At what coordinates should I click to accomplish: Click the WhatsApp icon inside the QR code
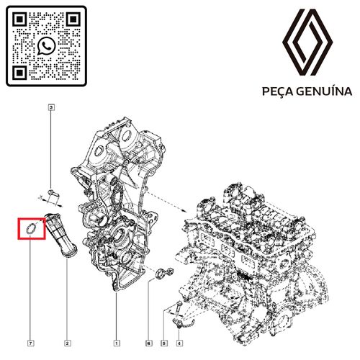[x=47, y=46]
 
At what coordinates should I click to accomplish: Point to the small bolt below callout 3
[x=53, y=191]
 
